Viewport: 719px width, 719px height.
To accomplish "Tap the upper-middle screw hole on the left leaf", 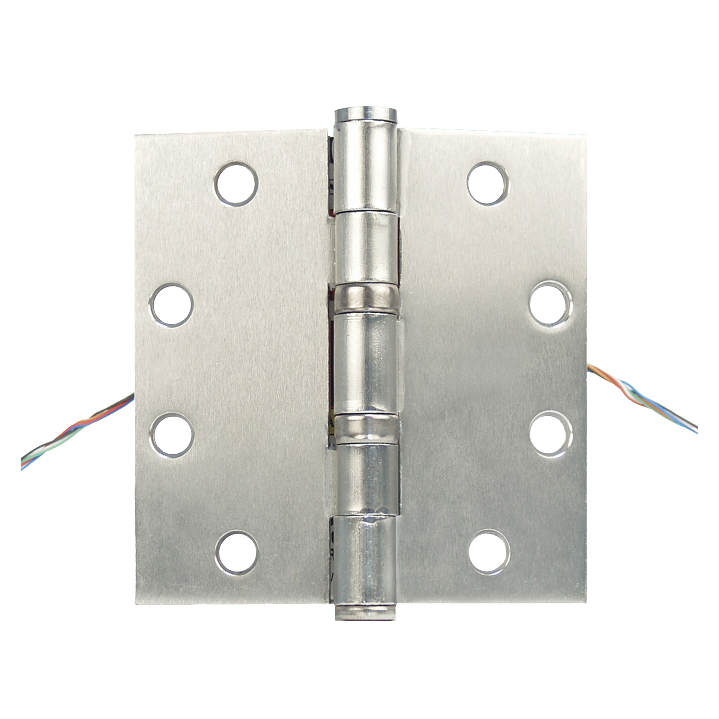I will point(172,305).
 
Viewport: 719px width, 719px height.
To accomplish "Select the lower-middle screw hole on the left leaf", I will point(172,435).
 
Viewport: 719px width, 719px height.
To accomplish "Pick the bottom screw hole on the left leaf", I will point(237,553).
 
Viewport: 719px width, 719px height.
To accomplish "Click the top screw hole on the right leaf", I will point(487,183).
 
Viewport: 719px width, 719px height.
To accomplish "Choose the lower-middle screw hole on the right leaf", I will point(551,434).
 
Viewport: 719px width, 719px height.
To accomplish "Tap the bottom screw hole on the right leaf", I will point(489,552).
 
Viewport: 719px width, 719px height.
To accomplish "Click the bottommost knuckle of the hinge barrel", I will point(365,561).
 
